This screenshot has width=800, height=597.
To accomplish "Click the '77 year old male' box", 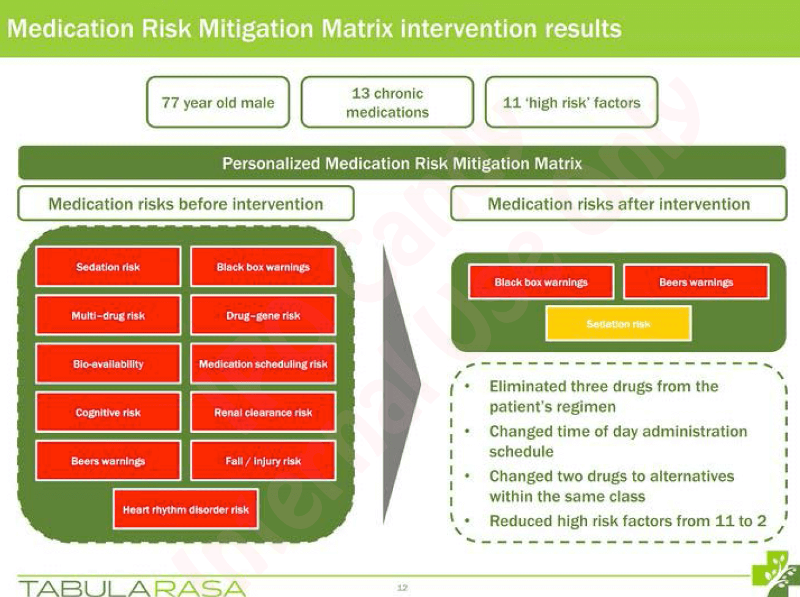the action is (x=218, y=102).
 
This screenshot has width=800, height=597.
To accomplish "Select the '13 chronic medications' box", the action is (x=387, y=102).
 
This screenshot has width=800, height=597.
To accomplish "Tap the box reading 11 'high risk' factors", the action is (x=572, y=102).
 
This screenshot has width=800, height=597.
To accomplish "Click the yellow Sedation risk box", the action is (x=618, y=324).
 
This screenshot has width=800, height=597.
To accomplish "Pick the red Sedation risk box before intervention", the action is (x=108, y=267).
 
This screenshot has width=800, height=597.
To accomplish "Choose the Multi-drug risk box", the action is (x=108, y=315).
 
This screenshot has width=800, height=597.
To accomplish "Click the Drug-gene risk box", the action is (x=263, y=315).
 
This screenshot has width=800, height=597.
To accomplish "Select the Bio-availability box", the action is (x=108, y=364).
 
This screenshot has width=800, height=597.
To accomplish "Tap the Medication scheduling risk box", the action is (x=263, y=364).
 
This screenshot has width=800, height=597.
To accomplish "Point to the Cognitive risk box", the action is (x=108, y=412).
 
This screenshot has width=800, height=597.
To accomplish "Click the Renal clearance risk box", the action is (x=263, y=412).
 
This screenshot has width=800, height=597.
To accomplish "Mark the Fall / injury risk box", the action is (x=263, y=460).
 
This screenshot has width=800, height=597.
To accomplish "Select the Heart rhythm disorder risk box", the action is (x=186, y=509).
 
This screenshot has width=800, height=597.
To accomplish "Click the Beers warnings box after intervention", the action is (x=696, y=282).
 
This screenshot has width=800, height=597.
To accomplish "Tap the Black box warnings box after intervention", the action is (x=541, y=282).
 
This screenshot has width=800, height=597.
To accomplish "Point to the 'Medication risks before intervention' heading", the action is (x=186, y=203).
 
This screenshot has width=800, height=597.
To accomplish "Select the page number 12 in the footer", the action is (x=402, y=587).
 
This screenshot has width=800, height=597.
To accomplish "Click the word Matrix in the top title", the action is (x=357, y=28).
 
